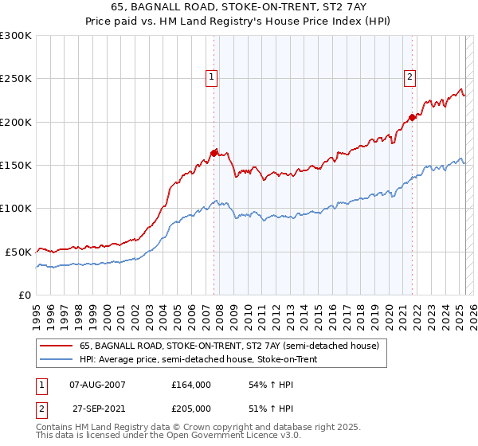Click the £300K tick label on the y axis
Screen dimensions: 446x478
pyautogui.click(x=16, y=36)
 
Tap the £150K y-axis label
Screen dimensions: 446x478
pyautogui.click(x=16, y=166)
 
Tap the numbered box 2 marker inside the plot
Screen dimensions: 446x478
pyautogui.click(x=409, y=77)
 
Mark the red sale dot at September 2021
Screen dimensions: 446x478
pyautogui.click(x=412, y=118)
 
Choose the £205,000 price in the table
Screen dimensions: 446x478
pyautogui.click(x=191, y=409)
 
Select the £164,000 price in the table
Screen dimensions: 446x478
pyautogui.click(x=191, y=385)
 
